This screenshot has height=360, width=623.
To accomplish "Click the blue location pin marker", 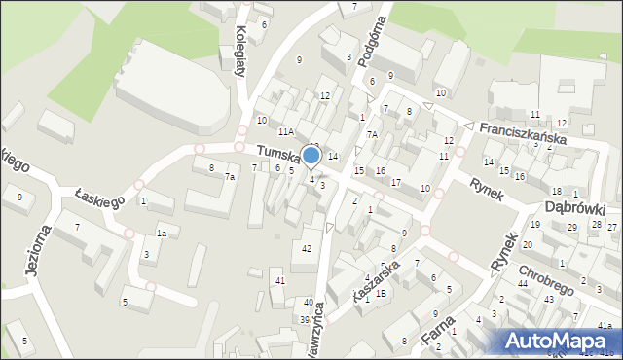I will (311, 156).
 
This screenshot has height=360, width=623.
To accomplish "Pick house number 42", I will (307, 249).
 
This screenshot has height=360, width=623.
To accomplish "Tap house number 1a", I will (163, 234).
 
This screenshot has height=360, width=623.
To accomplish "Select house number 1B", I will (382, 293).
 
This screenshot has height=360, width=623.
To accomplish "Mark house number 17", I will (395, 182).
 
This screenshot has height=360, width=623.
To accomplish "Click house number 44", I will (523, 283).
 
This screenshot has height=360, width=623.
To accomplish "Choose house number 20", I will (528, 245).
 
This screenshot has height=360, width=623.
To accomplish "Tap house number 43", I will (549, 299).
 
